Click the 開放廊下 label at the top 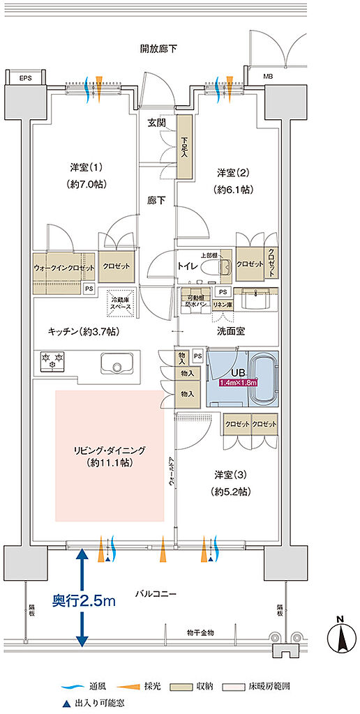[x=158, y=49]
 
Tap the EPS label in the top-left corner [x=26, y=77]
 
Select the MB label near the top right [x=268, y=76]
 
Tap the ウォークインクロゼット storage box [x=64, y=267]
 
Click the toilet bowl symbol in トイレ [x=225, y=266]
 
